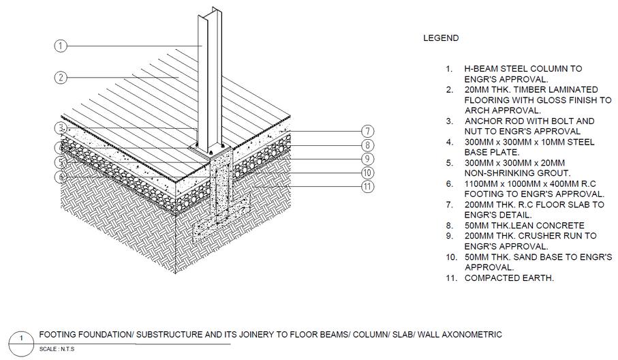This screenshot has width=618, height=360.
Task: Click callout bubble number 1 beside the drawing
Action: point(61,46)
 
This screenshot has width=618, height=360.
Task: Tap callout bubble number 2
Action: point(61,78)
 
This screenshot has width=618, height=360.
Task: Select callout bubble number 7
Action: point(367,131)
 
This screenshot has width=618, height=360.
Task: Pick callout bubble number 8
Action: point(367,145)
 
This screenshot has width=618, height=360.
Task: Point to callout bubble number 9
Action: point(367,160)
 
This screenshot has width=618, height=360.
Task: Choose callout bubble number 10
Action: point(367,173)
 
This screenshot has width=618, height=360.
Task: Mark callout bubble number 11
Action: point(367,187)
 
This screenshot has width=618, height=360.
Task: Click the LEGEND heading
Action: point(441,39)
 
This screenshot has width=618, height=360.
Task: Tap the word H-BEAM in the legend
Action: point(482,69)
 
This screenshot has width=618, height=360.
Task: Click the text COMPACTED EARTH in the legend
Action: point(509,278)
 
